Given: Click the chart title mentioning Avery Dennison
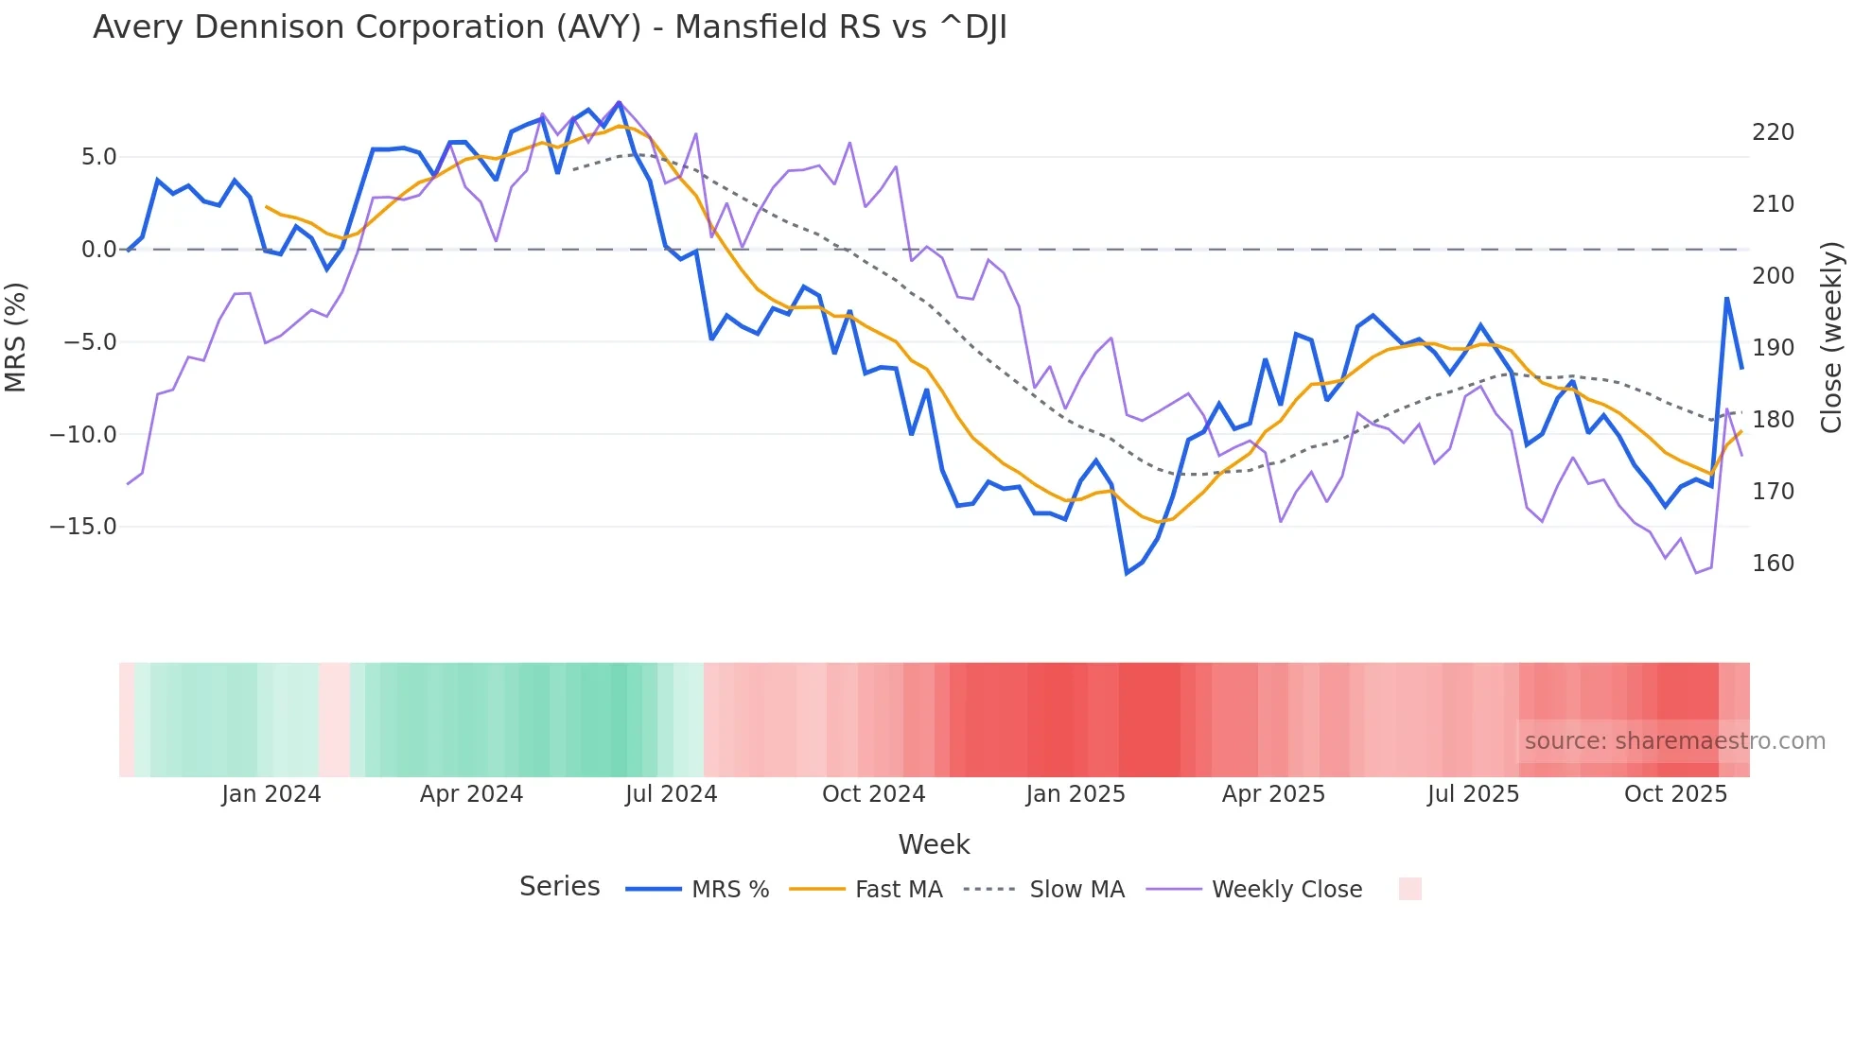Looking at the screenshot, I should click(550, 27).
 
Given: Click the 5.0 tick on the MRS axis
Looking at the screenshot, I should click(98, 157).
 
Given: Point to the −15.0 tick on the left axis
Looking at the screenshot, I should click(83, 527).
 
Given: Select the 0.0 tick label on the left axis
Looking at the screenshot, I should click(98, 250).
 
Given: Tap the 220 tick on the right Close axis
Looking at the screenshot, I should click(1773, 132).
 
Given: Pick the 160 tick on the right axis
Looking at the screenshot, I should click(1773, 564).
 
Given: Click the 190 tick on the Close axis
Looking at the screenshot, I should click(1773, 348).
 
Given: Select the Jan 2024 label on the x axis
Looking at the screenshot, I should click(271, 794).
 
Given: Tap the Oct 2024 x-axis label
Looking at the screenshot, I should click(873, 794).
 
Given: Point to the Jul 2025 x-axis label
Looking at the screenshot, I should click(1473, 794).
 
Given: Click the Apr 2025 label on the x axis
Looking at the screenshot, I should click(1273, 794).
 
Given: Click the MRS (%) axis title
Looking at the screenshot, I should click(16, 337).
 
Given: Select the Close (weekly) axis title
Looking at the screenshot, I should click(1832, 337).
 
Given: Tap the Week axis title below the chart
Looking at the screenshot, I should click(934, 844).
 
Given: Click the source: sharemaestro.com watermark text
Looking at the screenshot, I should click(1674, 741).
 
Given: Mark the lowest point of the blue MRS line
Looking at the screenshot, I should click(1127, 573).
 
